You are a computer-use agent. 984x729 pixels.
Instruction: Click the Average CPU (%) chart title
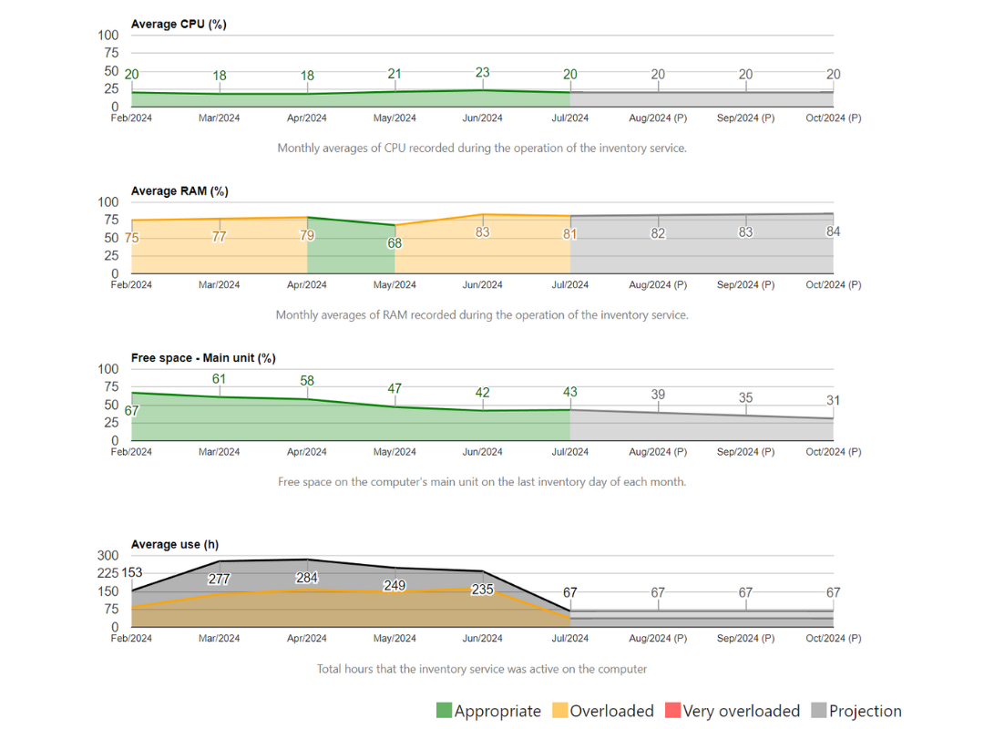(x=179, y=25)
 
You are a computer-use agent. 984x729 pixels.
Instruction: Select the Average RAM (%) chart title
(x=179, y=191)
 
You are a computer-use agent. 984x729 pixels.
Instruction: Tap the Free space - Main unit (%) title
(x=203, y=358)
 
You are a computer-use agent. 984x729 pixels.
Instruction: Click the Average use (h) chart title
(x=175, y=544)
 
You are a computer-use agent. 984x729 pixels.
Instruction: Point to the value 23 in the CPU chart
(x=482, y=73)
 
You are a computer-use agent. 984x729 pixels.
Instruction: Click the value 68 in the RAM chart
(x=395, y=243)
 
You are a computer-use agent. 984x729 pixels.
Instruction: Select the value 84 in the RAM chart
(x=833, y=231)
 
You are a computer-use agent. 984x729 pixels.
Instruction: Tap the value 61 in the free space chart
(x=220, y=379)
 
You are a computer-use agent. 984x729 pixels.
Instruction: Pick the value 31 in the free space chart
(x=833, y=400)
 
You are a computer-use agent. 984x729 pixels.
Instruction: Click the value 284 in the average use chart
(x=307, y=578)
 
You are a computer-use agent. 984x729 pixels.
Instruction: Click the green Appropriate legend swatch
(x=445, y=711)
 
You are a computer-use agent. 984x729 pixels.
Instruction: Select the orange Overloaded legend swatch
(x=560, y=711)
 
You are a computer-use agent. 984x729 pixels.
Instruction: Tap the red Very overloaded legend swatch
(x=673, y=711)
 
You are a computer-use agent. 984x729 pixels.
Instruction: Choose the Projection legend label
(x=865, y=711)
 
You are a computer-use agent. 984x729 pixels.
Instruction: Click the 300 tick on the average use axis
(x=108, y=555)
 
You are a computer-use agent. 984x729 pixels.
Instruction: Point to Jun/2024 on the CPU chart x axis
(x=482, y=118)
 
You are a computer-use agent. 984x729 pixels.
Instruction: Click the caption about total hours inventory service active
(x=482, y=669)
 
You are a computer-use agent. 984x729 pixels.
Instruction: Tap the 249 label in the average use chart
(x=395, y=585)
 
